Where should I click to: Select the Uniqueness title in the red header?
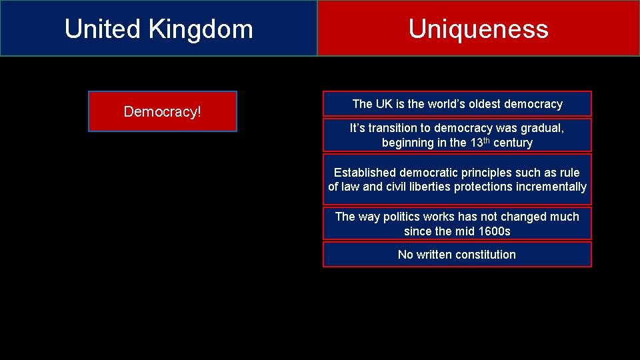(478, 29)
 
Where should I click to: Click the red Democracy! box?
(162, 111)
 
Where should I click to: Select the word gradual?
(539, 128)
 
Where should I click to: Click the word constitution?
(484, 255)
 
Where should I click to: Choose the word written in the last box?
(433, 255)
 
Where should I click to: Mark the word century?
(513, 143)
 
